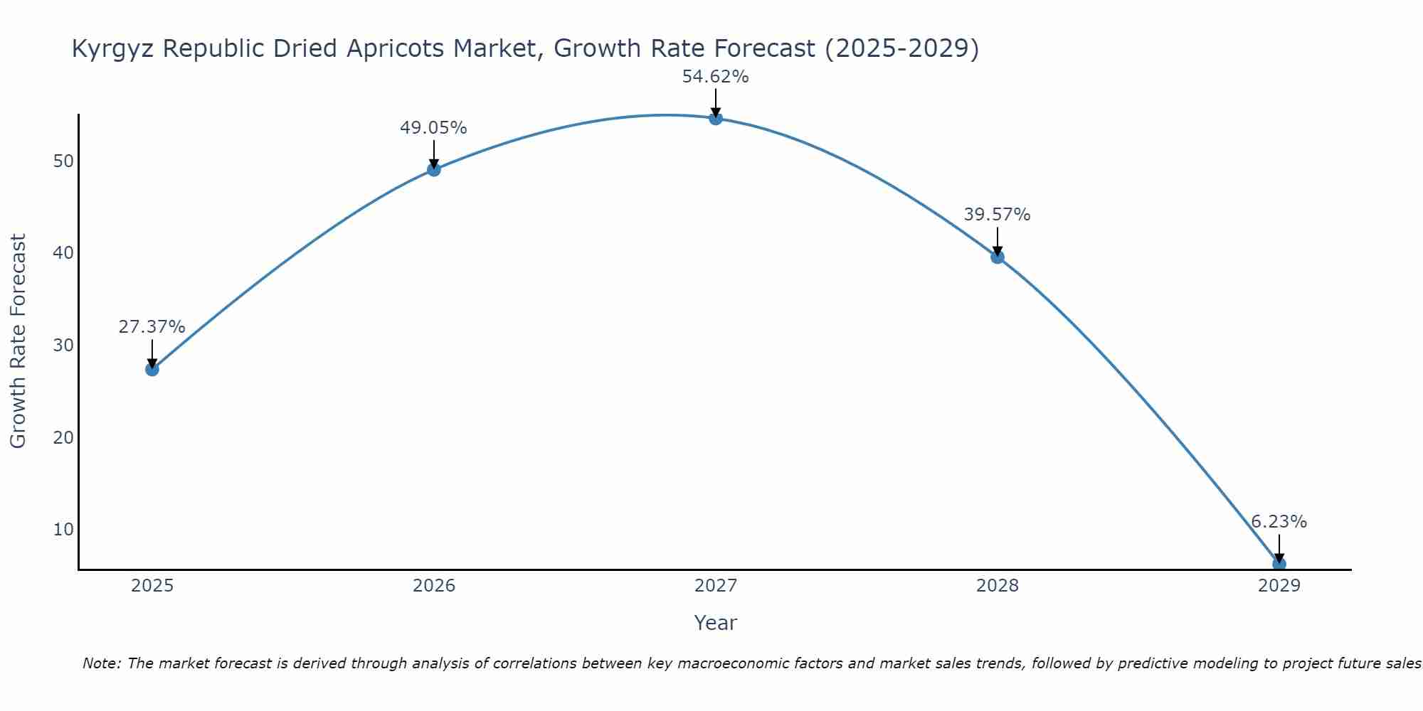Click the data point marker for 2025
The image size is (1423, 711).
[x=152, y=369]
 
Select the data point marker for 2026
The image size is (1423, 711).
[x=433, y=169]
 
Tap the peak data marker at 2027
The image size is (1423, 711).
[x=715, y=118]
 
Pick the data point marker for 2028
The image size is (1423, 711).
[x=997, y=257]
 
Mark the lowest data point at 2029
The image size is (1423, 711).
[x=1279, y=564]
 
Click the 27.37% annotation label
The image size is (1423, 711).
[x=152, y=327]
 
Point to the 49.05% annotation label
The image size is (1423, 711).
[x=433, y=128]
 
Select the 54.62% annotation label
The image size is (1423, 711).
[x=715, y=77]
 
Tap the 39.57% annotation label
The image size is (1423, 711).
[x=997, y=215]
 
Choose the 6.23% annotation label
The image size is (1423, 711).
[x=1279, y=522]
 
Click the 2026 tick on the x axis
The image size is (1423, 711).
[x=434, y=586]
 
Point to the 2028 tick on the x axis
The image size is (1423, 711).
[x=997, y=586]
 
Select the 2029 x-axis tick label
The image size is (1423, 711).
[x=1279, y=586]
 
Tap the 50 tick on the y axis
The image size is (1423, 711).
[x=63, y=161]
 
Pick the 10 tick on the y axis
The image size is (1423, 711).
[x=63, y=530]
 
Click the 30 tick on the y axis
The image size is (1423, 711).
[x=63, y=346]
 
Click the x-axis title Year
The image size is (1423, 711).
[x=715, y=623]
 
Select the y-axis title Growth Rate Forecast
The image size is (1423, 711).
[x=18, y=341]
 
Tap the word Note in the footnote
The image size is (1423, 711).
[x=101, y=663]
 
